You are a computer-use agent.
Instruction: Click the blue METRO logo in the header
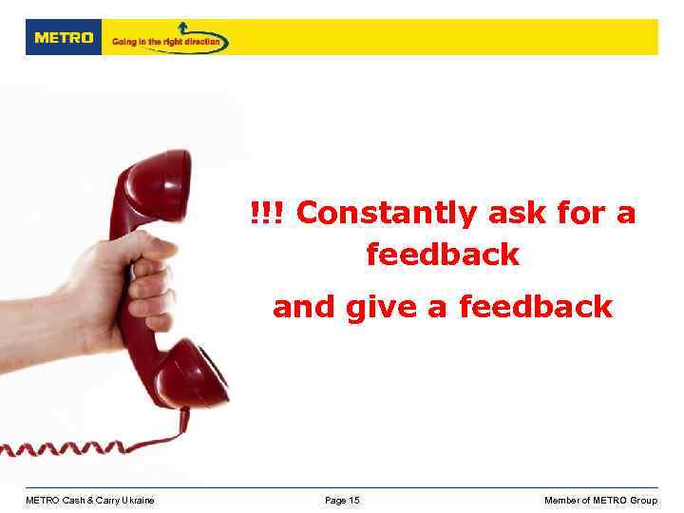pos(64,38)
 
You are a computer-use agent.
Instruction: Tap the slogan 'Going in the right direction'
pos(166,42)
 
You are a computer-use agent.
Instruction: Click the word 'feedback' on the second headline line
pos(443,255)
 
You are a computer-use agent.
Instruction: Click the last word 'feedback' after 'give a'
pos(536,307)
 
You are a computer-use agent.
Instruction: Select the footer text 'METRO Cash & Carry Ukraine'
pos(90,501)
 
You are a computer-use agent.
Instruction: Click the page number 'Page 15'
pos(342,501)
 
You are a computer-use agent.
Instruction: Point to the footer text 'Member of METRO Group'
pos(600,501)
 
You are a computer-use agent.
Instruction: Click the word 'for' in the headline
pos(581,214)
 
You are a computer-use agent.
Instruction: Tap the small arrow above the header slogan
pos(183,28)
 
